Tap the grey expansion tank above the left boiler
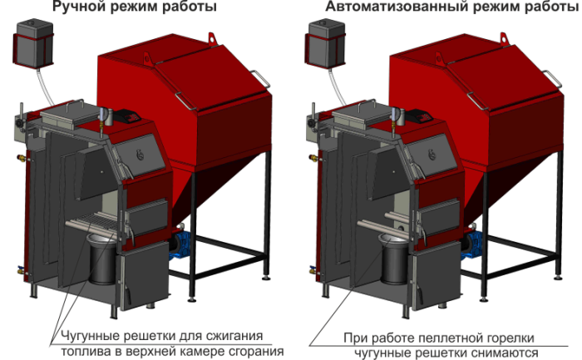click(33, 43)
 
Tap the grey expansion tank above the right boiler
click(325, 43)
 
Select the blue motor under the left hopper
click(180, 244)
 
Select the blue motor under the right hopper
click(471, 244)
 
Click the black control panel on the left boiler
click(127, 116)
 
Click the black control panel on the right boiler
click(419, 116)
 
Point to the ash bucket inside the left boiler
click(102, 259)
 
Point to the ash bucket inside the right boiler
click(394, 259)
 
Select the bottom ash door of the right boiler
click(436, 274)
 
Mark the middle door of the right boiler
click(438, 218)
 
